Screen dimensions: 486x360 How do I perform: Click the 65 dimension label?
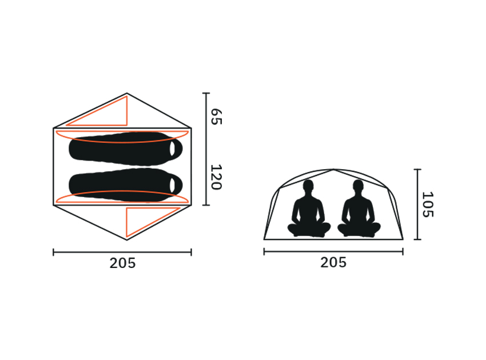(x=216, y=117)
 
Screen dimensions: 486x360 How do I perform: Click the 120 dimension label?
(x=216, y=177)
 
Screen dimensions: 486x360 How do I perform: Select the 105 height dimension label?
(x=428, y=205)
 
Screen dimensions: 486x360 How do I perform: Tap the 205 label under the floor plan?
(x=122, y=263)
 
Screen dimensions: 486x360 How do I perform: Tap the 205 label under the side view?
(x=333, y=263)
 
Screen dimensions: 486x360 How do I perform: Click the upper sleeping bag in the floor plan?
(x=126, y=148)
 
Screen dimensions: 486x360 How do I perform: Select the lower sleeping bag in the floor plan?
(x=126, y=185)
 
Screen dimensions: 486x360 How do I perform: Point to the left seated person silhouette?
(x=309, y=209)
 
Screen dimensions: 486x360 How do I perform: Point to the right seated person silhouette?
(x=359, y=209)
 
